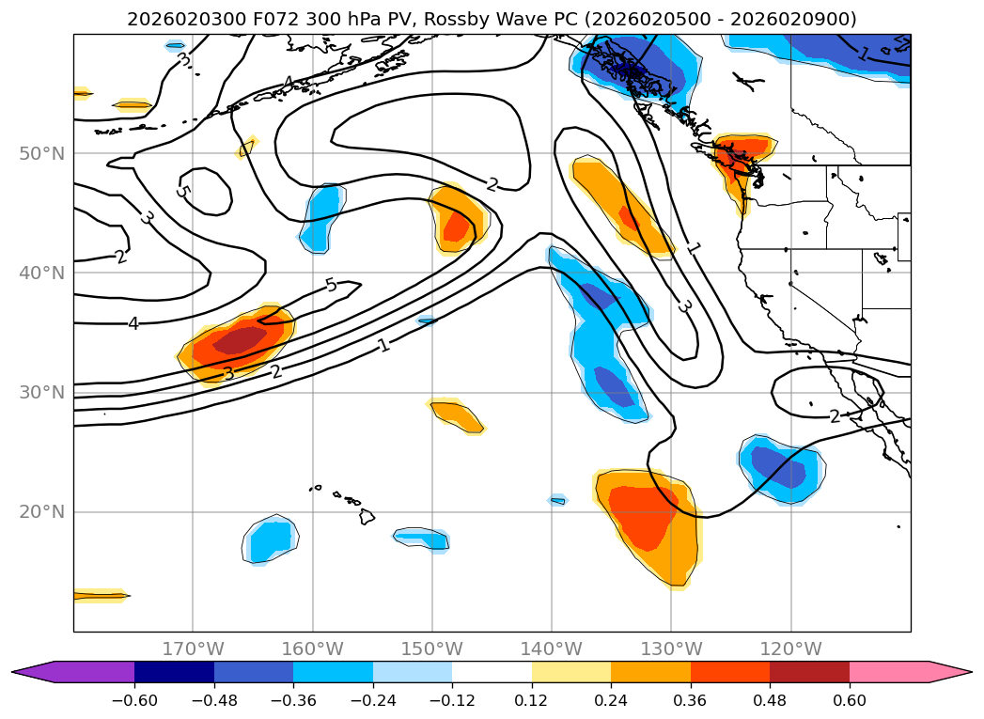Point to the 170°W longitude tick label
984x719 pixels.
tap(193, 649)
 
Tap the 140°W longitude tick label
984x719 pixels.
tap(552, 649)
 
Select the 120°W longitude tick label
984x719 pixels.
tap(790, 649)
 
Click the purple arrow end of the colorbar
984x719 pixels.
tap(28, 671)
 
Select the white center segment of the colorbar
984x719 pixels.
tap(492, 671)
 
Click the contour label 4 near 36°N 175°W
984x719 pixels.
tap(133, 323)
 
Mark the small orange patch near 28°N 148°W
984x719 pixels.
tap(457, 414)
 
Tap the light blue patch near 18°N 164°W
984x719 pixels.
tap(270, 540)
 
